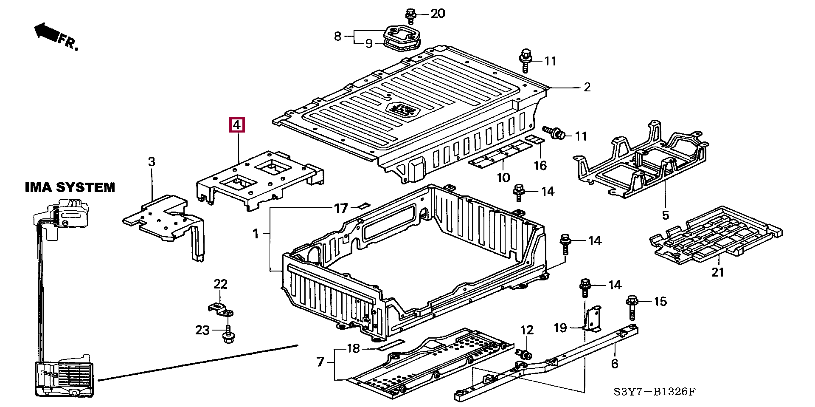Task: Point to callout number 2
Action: click(x=587, y=88)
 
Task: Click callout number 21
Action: click(x=717, y=272)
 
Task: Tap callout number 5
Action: click(x=665, y=215)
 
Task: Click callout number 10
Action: click(x=503, y=177)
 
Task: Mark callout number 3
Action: click(x=152, y=162)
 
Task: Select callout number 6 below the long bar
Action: click(x=615, y=364)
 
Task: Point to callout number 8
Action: click(x=337, y=36)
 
